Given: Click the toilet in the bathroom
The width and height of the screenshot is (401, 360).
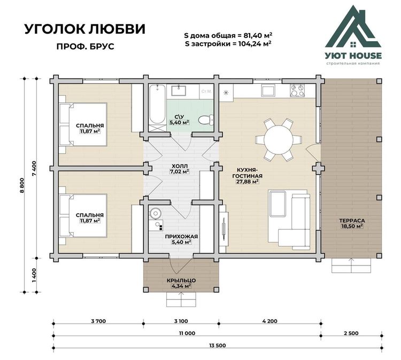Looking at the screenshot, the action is [206, 120].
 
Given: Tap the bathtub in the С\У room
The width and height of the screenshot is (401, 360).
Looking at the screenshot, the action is [157, 105].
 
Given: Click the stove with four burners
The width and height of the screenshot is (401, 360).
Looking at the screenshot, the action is [297, 90].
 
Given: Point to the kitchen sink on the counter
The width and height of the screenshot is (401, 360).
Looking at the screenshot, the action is [268, 90].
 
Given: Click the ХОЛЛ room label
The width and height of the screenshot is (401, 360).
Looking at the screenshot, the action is [179, 166].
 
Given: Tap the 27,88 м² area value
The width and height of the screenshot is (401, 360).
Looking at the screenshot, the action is [247, 182].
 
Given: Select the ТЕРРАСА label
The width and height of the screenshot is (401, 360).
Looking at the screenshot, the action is [352, 221].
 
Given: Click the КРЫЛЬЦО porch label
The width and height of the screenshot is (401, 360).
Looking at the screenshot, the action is [181, 280].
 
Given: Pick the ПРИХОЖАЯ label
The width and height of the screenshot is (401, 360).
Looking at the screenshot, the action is [181, 237].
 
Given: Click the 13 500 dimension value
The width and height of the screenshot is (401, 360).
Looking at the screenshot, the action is [218, 346].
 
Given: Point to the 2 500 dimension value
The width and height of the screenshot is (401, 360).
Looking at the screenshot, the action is [351, 333].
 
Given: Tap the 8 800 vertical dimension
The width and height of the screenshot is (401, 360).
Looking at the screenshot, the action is [22, 185].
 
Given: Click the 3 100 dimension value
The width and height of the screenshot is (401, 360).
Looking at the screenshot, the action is [181, 321].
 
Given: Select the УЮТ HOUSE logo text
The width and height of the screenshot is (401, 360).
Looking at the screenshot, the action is [353, 56].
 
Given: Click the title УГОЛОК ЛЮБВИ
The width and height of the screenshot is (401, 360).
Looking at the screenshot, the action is [85, 29].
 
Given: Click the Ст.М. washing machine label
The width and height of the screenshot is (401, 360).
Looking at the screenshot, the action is [206, 91].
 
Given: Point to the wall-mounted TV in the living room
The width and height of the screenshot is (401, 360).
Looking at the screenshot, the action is [224, 225].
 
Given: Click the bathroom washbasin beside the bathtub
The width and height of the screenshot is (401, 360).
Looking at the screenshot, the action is [179, 91].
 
